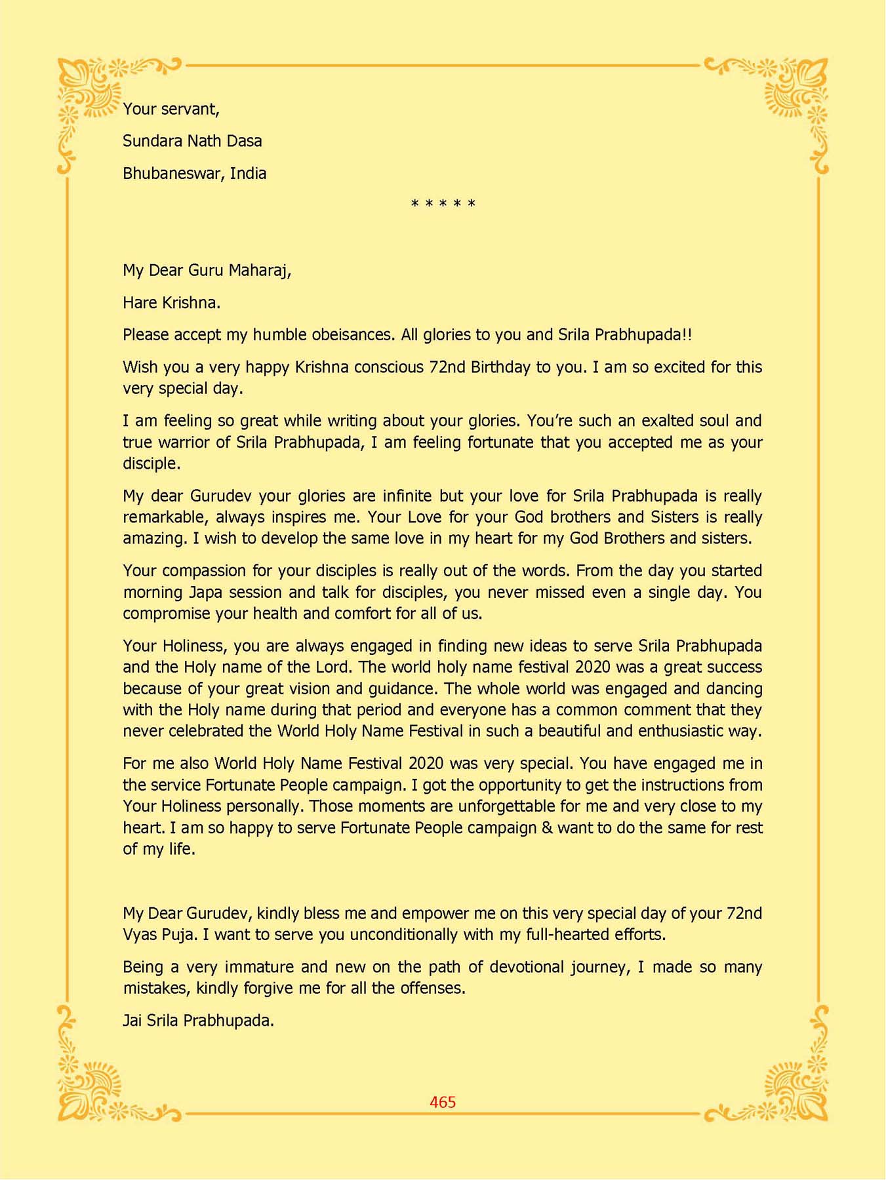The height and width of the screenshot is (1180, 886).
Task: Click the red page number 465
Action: [443, 1102]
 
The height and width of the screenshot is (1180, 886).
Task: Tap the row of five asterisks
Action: [443, 204]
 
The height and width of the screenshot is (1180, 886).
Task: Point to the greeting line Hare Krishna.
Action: [171, 303]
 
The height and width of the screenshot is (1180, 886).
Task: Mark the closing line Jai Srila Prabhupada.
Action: [198, 1021]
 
